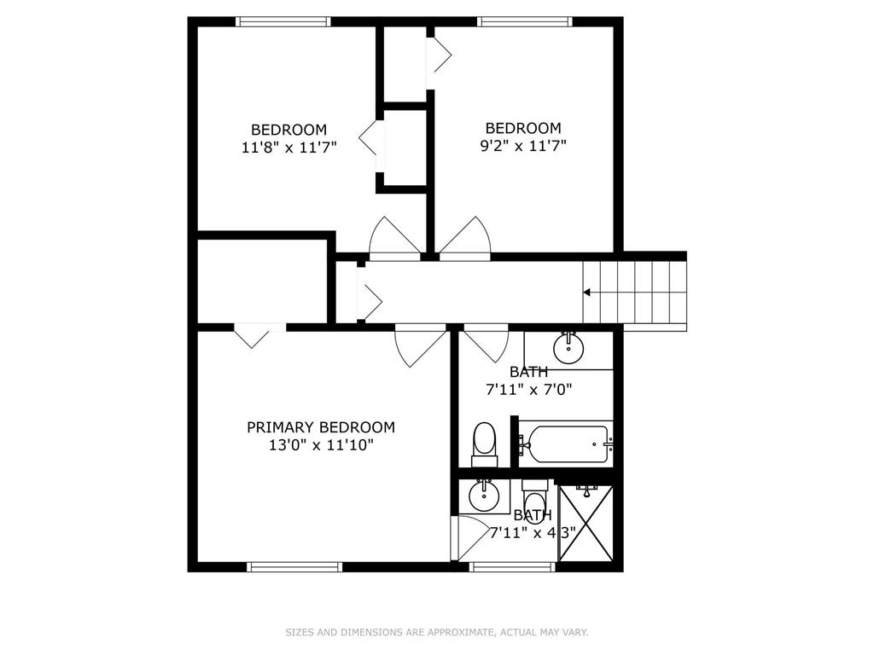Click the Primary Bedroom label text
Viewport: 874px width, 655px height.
pyautogui.click(x=321, y=427)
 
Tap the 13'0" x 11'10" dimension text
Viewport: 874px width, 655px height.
pyautogui.click(x=321, y=445)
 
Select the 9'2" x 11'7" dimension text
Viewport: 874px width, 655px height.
pyautogui.click(x=523, y=146)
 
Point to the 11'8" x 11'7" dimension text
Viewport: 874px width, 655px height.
pyautogui.click(x=289, y=148)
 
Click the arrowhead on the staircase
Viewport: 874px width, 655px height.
pyautogui.click(x=586, y=292)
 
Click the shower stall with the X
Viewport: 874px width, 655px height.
pyautogui.click(x=586, y=523)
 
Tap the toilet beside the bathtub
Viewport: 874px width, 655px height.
pyautogui.click(x=485, y=444)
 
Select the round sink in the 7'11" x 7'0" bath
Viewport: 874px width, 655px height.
pyautogui.click(x=568, y=348)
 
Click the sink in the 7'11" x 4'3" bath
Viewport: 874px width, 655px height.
pyautogui.click(x=483, y=496)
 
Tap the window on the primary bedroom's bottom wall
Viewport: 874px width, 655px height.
pyautogui.click(x=294, y=566)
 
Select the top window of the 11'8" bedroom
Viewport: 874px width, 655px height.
pyautogui.click(x=283, y=21)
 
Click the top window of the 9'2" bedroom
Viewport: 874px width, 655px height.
pyautogui.click(x=525, y=21)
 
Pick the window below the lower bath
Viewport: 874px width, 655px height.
pyautogui.click(x=512, y=566)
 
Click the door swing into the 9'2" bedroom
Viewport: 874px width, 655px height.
pyautogui.click(x=464, y=239)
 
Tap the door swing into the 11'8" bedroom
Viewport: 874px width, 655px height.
pyautogui.click(x=395, y=239)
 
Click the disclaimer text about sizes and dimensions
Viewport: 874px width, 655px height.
pyautogui.click(x=437, y=632)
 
